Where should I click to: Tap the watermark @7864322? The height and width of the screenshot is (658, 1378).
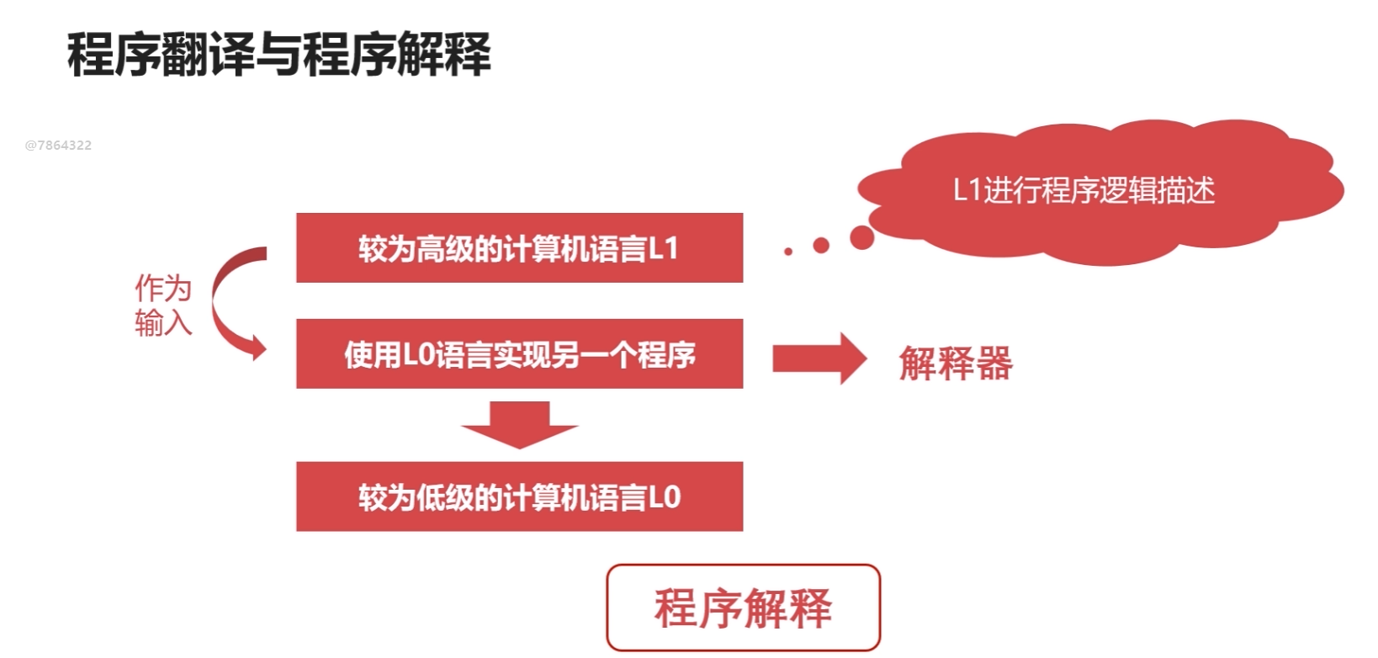(x=58, y=145)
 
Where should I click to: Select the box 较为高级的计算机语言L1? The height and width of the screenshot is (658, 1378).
(x=519, y=247)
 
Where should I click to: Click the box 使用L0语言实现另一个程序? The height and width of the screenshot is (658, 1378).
(x=519, y=353)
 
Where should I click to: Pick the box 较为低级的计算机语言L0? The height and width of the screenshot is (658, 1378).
(x=519, y=496)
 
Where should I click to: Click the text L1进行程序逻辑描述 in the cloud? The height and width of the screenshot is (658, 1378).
(x=1084, y=190)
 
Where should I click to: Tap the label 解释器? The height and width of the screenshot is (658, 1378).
(x=956, y=363)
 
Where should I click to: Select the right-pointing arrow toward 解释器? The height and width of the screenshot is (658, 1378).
(x=818, y=358)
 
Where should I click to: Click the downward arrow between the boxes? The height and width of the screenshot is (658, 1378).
(x=519, y=423)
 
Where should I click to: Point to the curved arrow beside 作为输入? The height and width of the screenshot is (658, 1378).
(x=231, y=303)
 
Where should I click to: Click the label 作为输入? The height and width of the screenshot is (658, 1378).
(x=163, y=305)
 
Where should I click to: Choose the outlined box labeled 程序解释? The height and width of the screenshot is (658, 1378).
(x=743, y=608)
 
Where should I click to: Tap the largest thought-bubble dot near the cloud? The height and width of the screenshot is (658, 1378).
(x=861, y=237)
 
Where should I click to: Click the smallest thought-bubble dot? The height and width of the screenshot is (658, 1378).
(x=787, y=251)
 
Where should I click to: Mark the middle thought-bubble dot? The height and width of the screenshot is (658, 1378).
(x=821, y=245)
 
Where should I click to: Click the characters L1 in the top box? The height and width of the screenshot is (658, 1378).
(x=663, y=248)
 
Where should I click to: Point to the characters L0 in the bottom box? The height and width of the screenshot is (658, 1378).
(x=665, y=497)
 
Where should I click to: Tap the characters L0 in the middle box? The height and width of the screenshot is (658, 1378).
(x=417, y=354)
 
